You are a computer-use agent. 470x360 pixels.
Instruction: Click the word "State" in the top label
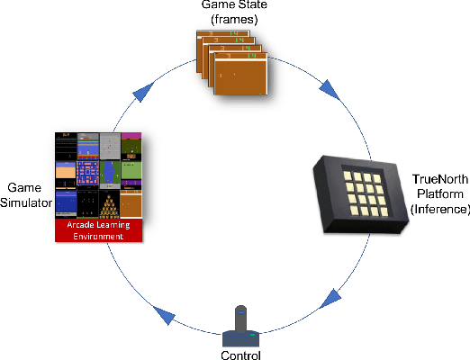(x=249, y=7)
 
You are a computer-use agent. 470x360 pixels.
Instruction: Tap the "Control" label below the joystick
(x=240, y=355)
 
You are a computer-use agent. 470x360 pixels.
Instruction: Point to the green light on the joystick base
(x=253, y=337)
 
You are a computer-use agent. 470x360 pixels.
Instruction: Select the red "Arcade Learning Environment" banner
(x=100, y=229)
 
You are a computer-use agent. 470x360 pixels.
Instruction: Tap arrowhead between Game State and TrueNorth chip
(x=330, y=87)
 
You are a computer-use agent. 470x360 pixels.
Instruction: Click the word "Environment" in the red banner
(x=99, y=236)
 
